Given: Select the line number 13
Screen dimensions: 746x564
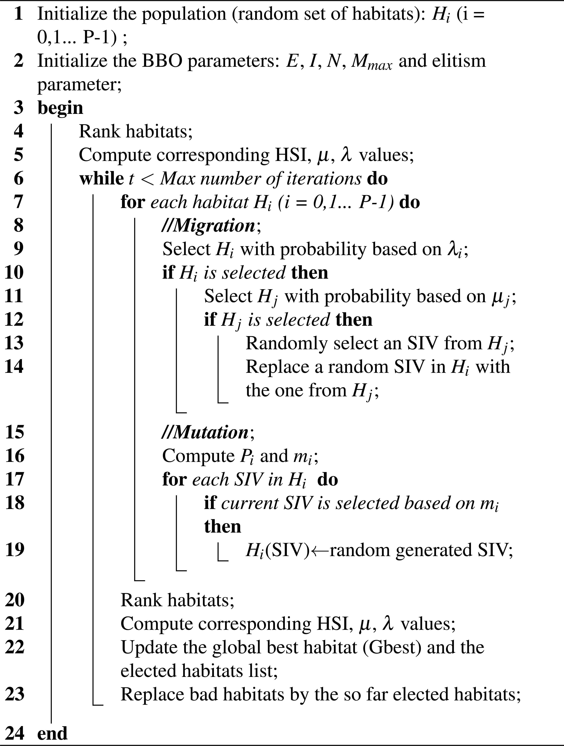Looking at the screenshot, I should coord(14,343).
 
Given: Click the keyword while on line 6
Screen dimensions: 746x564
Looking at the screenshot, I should coord(101,178).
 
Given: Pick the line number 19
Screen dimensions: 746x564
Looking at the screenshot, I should coord(14,550).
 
